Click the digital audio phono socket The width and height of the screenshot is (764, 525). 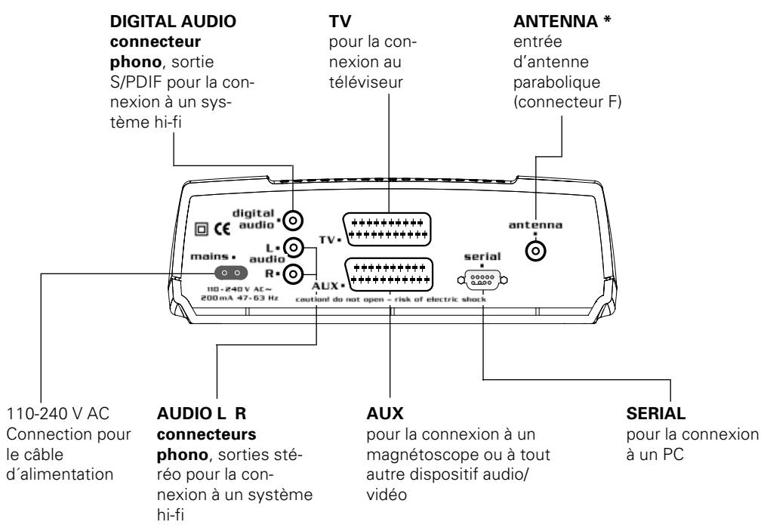(x=298, y=220)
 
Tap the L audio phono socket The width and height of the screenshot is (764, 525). (x=297, y=248)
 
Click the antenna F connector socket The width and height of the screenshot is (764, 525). (x=537, y=250)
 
